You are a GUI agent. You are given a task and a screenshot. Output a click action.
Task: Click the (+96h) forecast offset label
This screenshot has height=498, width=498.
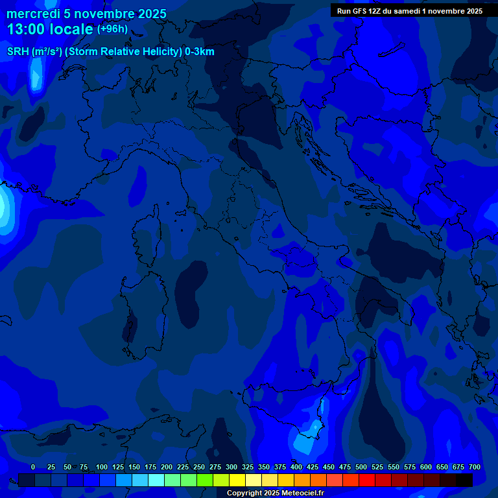click(x=112, y=29)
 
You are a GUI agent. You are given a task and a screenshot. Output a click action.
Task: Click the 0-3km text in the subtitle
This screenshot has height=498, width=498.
click(x=199, y=52)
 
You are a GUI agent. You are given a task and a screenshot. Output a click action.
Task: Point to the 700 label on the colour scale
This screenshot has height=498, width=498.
click(x=475, y=467)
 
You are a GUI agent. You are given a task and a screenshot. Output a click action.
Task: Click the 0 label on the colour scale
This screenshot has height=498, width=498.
click(x=33, y=467)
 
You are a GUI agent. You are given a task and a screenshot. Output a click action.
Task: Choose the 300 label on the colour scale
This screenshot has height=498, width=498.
click(x=231, y=467)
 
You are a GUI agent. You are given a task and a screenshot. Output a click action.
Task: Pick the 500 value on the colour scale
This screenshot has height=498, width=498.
click(x=361, y=467)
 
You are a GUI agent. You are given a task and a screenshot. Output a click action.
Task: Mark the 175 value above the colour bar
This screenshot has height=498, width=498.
click(x=150, y=467)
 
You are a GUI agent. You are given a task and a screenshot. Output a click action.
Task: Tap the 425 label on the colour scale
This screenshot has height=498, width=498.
click(x=313, y=467)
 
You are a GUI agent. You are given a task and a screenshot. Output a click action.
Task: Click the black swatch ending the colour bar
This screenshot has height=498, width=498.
click(x=464, y=480)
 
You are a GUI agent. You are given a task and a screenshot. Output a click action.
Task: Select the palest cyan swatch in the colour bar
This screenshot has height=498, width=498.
click(x=156, y=480)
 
